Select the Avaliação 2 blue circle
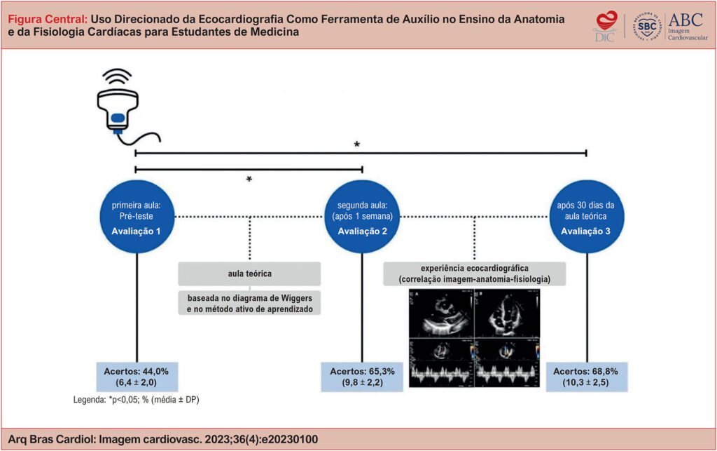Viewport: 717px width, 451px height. coord(362,217)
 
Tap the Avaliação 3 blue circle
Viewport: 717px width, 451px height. coord(586,217)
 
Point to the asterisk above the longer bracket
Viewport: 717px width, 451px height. coord(357,145)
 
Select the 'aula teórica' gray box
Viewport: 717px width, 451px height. coord(249,273)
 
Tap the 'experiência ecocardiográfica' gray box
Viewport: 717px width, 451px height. coord(475,273)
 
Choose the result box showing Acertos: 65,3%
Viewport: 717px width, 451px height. coord(362,377)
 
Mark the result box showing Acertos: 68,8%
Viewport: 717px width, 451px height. coord(586,377)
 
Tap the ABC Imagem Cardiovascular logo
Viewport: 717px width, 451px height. coord(690,27)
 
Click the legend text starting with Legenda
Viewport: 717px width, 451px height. coord(138,401)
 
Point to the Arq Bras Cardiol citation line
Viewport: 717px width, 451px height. coord(163,439)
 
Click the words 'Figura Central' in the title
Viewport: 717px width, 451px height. coord(46,19)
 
